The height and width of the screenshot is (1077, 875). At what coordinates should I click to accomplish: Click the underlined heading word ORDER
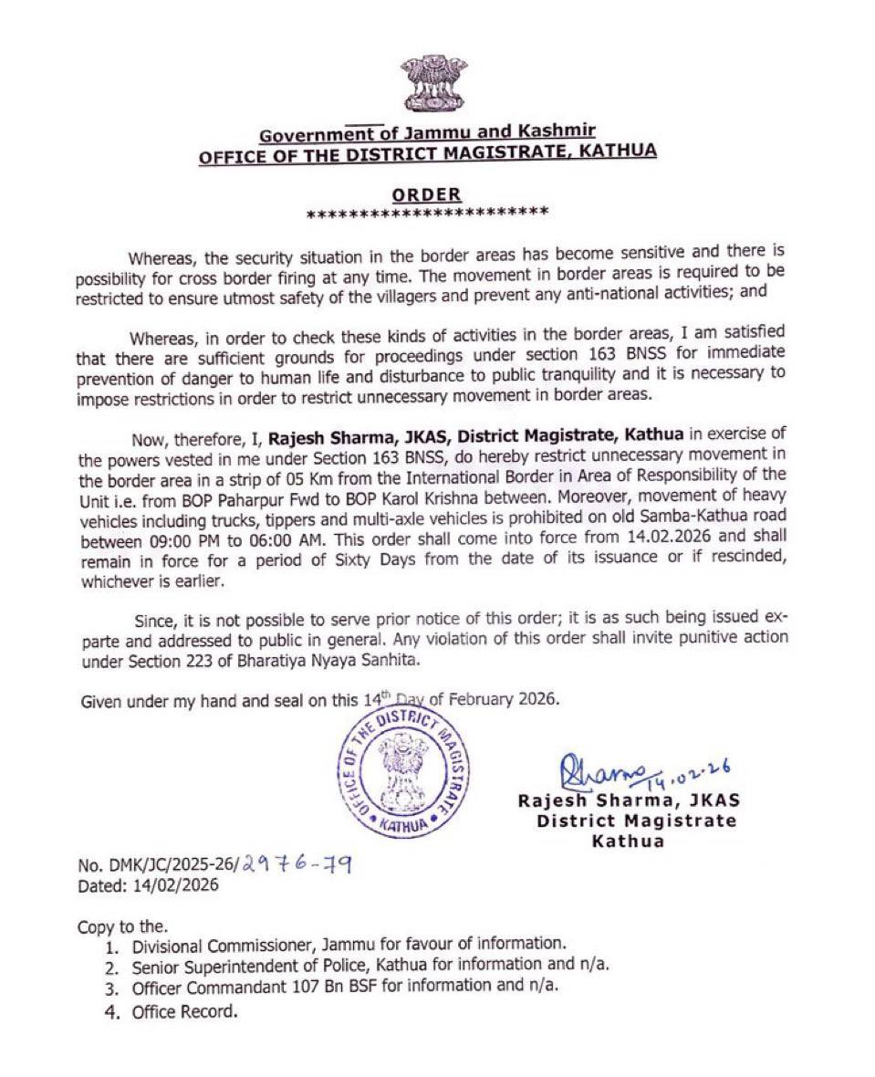(427, 194)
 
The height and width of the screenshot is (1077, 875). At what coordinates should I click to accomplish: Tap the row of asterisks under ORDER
(427, 214)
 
